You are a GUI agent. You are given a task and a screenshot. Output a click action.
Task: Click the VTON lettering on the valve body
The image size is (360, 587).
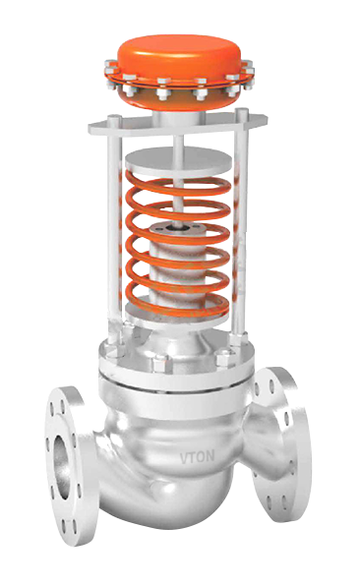pos(197,456)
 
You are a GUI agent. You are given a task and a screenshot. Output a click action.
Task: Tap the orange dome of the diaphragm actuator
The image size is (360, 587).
pos(179,56)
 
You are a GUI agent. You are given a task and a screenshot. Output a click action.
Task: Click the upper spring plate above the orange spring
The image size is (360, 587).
pos(178,161)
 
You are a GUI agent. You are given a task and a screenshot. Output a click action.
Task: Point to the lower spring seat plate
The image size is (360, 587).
pos(177,315)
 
